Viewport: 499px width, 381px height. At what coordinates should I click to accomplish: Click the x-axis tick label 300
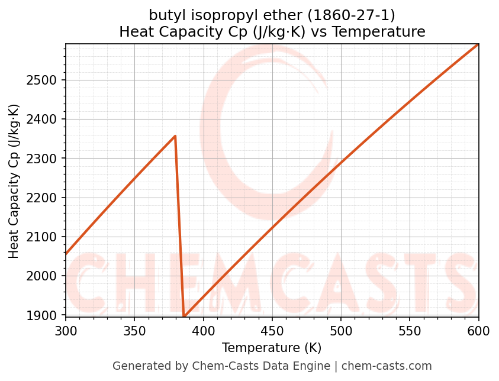(x=66, y=331)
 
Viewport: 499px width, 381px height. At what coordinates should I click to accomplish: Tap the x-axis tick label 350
(x=134, y=331)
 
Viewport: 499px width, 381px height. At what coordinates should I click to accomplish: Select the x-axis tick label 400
(x=204, y=331)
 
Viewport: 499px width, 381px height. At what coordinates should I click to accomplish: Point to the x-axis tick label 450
(x=272, y=331)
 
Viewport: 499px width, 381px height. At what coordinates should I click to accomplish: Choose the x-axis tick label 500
(x=341, y=331)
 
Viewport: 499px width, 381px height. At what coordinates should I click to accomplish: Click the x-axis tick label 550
(x=410, y=331)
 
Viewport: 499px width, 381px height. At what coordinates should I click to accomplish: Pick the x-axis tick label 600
(x=478, y=331)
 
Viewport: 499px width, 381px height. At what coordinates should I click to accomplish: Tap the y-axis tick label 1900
(x=47, y=315)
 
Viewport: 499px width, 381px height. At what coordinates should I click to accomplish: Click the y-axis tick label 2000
(x=47, y=276)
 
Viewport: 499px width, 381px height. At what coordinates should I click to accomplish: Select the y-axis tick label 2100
(x=47, y=237)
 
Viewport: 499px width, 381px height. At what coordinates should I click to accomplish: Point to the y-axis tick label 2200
(x=47, y=198)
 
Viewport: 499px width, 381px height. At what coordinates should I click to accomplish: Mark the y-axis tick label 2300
(x=47, y=159)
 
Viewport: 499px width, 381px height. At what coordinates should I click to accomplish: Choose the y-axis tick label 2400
(x=47, y=120)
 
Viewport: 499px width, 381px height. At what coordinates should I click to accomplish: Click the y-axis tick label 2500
(x=47, y=80)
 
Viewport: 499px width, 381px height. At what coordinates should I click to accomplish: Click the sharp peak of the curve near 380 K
(x=175, y=136)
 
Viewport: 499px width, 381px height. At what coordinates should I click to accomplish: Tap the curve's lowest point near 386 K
(x=184, y=316)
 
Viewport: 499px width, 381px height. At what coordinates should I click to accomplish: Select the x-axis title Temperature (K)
(x=272, y=348)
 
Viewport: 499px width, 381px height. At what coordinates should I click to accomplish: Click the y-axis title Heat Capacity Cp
(x=14, y=181)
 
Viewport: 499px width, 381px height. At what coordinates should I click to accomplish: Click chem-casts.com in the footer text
(x=387, y=366)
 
